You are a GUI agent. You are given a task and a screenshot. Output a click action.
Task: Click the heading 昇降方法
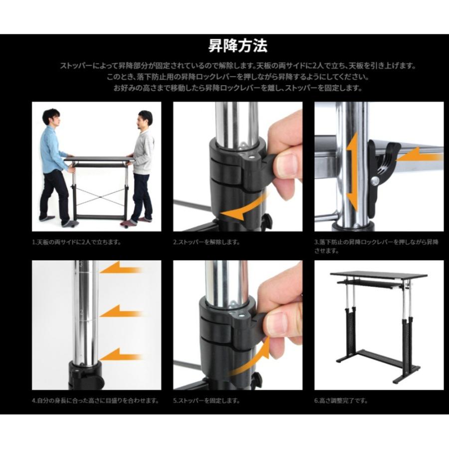[238, 46]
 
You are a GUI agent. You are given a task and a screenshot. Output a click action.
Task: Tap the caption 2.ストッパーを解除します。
[207, 242]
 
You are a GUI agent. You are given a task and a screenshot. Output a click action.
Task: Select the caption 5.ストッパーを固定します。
[207, 400]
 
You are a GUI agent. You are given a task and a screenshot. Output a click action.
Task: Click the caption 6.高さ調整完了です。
[341, 400]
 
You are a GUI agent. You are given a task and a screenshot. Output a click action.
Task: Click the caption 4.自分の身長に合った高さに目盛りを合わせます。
[95, 400]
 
